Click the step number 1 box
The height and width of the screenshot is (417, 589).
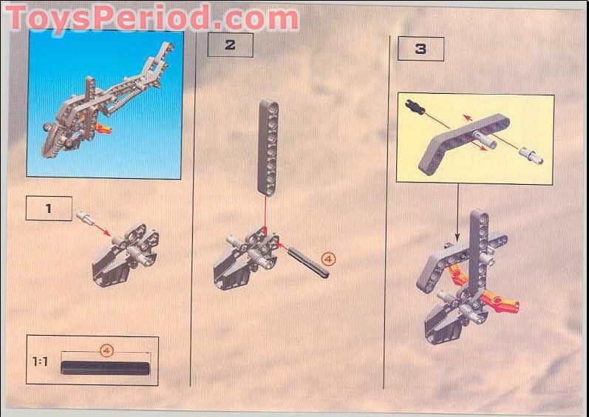coord(49,208)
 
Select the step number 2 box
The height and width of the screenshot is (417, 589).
coord(230,45)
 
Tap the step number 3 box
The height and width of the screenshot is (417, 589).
coord(421,49)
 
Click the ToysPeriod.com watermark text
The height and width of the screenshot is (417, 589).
coord(151,17)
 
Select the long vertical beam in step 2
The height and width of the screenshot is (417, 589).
coord(268,147)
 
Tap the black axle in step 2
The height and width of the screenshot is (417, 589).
coord(307,262)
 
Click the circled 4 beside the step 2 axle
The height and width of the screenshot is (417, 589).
coord(328,258)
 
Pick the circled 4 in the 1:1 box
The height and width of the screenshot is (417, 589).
coord(106,350)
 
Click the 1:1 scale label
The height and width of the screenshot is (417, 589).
coord(41,362)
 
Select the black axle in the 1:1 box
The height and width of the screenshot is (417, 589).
coord(106,367)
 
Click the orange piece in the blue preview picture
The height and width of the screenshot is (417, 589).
coord(104,130)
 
